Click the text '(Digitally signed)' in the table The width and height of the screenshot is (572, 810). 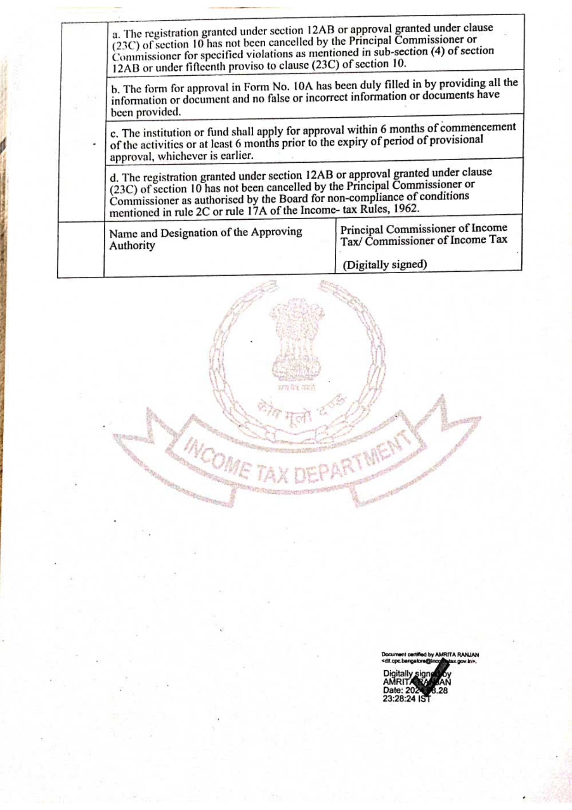pyautogui.click(x=385, y=265)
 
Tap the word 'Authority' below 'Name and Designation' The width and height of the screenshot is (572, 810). pyautogui.click(x=132, y=246)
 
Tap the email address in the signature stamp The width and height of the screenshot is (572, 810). pyautogui.click(x=429, y=661)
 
